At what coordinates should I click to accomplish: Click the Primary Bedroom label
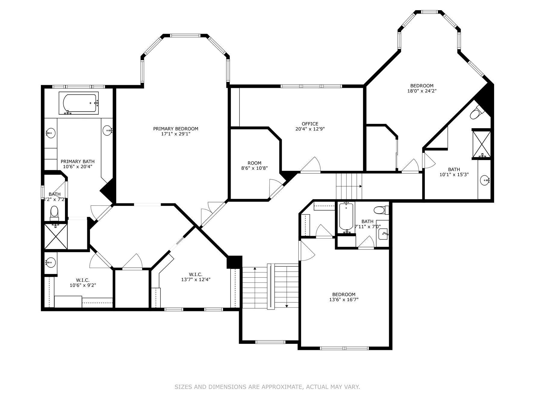click(176, 131)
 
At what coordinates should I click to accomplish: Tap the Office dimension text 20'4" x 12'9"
click(310, 129)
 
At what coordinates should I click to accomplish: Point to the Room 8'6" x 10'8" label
click(254, 166)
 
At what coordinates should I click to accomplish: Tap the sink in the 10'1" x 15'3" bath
click(485, 180)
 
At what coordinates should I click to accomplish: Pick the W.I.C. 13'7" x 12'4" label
click(195, 277)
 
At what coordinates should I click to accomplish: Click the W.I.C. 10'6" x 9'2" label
click(83, 283)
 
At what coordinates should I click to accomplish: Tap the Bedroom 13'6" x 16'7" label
click(344, 297)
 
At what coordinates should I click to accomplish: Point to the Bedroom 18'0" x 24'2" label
click(421, 88)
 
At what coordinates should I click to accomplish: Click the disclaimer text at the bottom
click(267, 387)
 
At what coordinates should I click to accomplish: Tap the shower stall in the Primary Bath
click(56, 236)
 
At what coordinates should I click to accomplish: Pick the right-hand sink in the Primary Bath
click(107, 131)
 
